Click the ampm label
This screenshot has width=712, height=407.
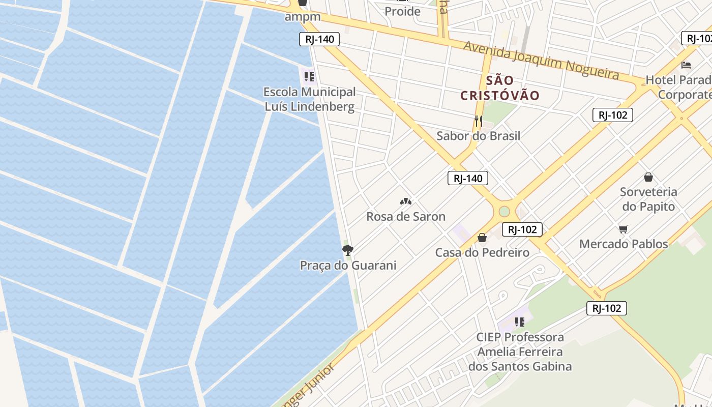coord(303,16)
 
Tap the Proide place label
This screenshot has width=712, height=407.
coord(402,11)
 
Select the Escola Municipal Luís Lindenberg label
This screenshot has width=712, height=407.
coord(309,99)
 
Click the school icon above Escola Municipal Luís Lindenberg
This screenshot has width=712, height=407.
coord(309,77)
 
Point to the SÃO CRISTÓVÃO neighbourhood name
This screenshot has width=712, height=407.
coord(500,88)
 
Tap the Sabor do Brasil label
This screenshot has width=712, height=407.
coord(478,136)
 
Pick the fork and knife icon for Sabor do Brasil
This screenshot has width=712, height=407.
coord(478,121)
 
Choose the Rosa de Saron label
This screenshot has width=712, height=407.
coord(406,216)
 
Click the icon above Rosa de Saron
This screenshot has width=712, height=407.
coord(406,201)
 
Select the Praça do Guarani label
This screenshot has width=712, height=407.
coord(348,265)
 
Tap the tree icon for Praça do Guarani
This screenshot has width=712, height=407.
coord(348,250)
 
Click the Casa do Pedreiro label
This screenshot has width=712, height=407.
coord(482,252)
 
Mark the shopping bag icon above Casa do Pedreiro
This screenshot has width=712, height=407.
coord(482,238)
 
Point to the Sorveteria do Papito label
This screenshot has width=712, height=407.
coord(648,199)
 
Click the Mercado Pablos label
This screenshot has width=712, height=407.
coord(624,244)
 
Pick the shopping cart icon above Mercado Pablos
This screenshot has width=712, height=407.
coord(624,229)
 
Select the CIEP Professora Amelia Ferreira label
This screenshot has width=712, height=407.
coord(520,352)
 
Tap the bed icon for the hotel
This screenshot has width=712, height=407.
coord(686,65)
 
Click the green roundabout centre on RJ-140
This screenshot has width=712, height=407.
coord(504,211)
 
